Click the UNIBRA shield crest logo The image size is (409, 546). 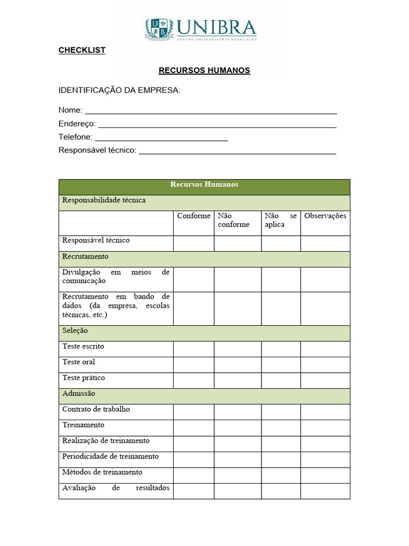click(x=159, y=29)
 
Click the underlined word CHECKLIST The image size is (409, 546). click(x=82, y=50)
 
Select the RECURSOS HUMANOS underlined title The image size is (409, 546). click(x=204, y=70)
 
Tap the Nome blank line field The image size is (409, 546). click(x=210, y=110)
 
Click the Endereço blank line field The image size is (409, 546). click(x=217, y=124)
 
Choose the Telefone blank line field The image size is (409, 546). click(x=161, y=138)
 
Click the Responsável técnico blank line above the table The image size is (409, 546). click(x=237, y=151)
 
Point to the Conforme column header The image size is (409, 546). click(x=193, y=216)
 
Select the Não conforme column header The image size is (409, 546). click(x=233, y=220)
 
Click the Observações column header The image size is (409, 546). click(x=325, y=216)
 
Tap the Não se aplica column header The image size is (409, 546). click(x=281, y=220)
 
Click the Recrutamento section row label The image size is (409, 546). click(x=85, y=256)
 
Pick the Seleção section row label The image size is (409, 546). click(x=75, y=331)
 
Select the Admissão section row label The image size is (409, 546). click(x=79, y=394)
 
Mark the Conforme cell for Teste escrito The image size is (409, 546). click(x=194, y=349)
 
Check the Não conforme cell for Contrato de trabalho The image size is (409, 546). click(x=238, y=412)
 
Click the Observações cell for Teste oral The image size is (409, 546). click(x=325, y=364)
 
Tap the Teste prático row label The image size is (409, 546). click(x=84, y=378)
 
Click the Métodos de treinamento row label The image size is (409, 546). click(x=102, y=472)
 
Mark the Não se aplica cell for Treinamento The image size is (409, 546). click(x=281, y=428)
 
